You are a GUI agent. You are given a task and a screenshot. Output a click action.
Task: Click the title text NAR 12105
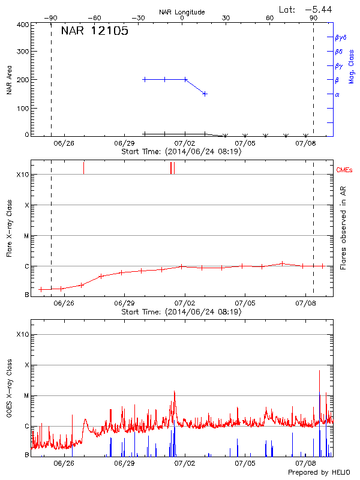point(94,31)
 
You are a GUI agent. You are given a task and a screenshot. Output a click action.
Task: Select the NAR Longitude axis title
point(182,12)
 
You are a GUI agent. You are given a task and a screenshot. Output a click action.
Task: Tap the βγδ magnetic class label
point(341,37)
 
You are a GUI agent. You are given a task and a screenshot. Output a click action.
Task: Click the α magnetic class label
point(337,94)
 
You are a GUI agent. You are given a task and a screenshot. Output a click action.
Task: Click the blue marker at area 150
point(205,94)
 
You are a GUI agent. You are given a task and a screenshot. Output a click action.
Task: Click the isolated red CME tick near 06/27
point(83,168)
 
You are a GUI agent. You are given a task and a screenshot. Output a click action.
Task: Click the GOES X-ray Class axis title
point(9,389)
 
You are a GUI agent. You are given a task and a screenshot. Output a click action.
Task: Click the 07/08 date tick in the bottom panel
point(306,463)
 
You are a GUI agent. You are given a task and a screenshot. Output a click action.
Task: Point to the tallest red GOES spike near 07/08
point(319,372)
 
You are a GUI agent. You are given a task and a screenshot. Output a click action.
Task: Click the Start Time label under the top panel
point(181,152)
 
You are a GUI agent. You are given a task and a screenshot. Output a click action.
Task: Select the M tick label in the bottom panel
point(26,395)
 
